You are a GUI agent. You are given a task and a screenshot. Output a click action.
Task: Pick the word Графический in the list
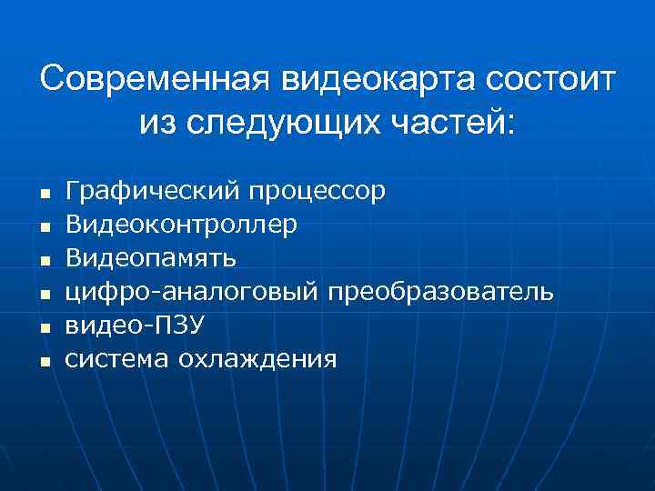point(152,191)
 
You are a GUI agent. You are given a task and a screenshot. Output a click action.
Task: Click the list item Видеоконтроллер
point(181,225)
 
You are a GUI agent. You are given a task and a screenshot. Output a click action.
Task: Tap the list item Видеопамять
point(152,258)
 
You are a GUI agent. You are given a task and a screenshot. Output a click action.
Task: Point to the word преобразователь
point(440,292)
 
